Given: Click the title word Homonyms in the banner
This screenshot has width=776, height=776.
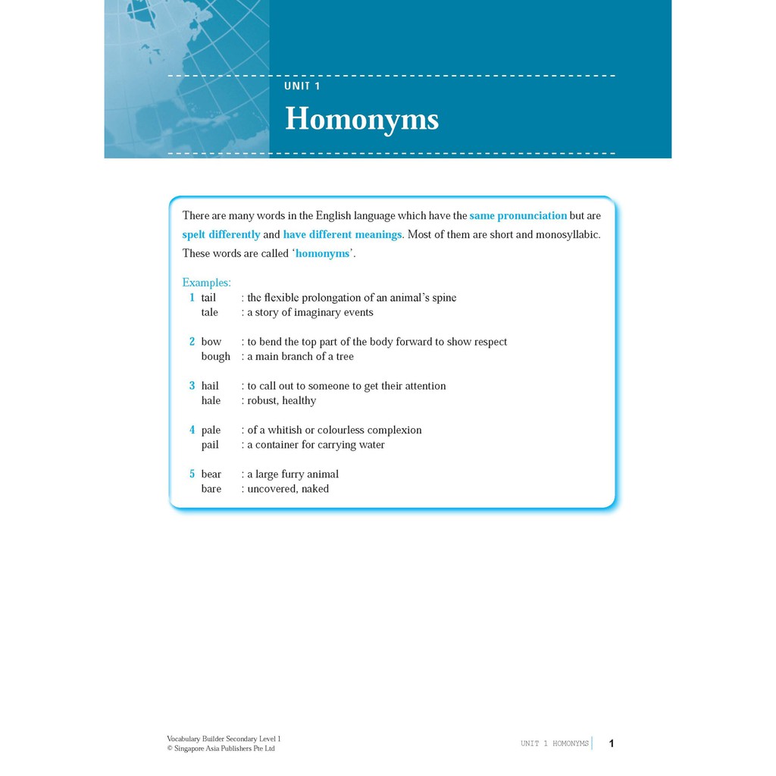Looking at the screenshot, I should pyautogui.click(x=361, y=120).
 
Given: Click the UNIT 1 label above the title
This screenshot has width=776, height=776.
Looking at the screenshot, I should pyautogui.click(x=302, y=86).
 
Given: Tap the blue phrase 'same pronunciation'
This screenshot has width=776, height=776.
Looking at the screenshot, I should pyautogui.click(x=518, y=216).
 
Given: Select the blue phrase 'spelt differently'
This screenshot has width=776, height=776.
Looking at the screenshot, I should pyautogui.click(x=221, y=235).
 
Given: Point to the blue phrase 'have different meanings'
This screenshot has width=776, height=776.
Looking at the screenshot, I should pyautogui.click(x=343, y=235).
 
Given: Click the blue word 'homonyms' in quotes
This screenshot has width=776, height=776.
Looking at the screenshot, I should pyautogui.click(x=323, y=254).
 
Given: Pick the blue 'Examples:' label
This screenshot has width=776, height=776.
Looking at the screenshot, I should pyautogui.click(x=207, y=283).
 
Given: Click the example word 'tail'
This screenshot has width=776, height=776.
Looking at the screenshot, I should pyautogui.click(x=208, y=298).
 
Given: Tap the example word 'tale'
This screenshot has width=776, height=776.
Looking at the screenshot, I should pyautogui.click(x=209, y=312).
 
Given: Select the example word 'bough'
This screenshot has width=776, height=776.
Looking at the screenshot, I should pyautogui.click(x=215, y=357).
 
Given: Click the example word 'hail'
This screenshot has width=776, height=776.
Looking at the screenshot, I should pyautogui.click(x=210, y=386).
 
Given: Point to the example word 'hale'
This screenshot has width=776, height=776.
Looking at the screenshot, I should pyautogui.click(x=211, y=401).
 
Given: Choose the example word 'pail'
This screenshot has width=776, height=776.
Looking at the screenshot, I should pyautogui.click(x=210, y=445).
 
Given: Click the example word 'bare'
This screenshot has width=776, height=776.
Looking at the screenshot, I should pyautogui.click(x=211, y=490).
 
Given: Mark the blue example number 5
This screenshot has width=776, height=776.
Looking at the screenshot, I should pyautogui.click(x=192, y=474).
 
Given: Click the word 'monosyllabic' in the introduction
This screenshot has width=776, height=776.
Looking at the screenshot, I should pyautogui.click(x=568, y=235).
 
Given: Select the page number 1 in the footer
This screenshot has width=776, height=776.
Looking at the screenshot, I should pyautogui.click(x=612, y=743).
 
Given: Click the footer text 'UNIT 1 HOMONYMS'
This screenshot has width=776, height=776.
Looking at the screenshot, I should pyautogui.click(x=555, y=743).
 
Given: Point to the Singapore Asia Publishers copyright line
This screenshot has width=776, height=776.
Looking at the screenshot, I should pyautogui.click(x=221, y=749).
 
